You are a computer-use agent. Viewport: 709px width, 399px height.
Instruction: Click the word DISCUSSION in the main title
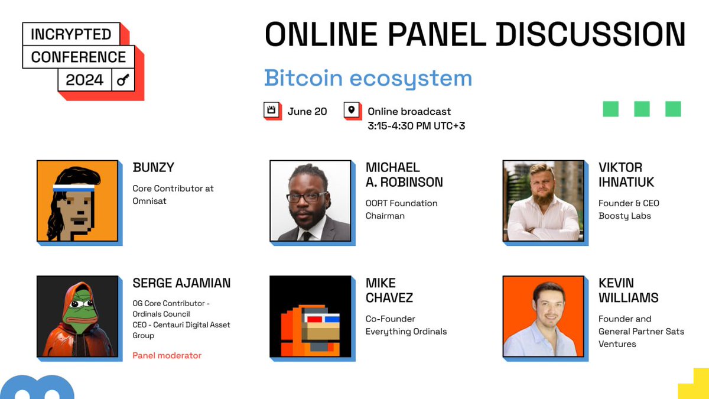[591, 34]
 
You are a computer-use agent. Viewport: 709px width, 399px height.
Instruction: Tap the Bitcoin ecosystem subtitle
[367, 78]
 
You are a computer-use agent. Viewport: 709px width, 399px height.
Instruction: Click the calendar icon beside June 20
[272, 111]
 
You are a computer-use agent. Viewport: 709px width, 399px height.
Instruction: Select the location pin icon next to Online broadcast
[352, 111]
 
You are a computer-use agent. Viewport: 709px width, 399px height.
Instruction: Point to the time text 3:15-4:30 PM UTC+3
[416, 125]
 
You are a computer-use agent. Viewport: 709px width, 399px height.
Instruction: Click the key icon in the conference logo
[123, 80]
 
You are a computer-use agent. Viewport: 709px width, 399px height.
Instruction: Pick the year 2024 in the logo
[84, 80]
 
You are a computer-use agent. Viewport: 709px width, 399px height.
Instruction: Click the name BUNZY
[154, 167]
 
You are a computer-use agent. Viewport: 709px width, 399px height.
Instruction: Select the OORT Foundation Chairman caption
[401, 209]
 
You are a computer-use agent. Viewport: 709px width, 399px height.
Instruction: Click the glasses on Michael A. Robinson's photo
[307, 197]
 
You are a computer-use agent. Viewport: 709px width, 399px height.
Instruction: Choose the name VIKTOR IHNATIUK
[626, 174]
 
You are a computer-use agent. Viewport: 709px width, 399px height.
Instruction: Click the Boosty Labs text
[625, 216]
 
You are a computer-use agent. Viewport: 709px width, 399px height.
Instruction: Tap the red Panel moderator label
[167, 355]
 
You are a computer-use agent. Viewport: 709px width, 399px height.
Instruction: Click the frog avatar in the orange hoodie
[77, 316]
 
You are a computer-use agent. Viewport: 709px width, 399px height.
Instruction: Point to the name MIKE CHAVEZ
[389, 290]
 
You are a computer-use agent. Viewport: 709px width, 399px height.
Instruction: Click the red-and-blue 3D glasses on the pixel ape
[323, 320]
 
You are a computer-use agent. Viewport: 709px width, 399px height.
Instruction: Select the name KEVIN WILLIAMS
[628, 290]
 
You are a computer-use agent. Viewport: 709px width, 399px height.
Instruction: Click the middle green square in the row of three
[642, 109]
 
